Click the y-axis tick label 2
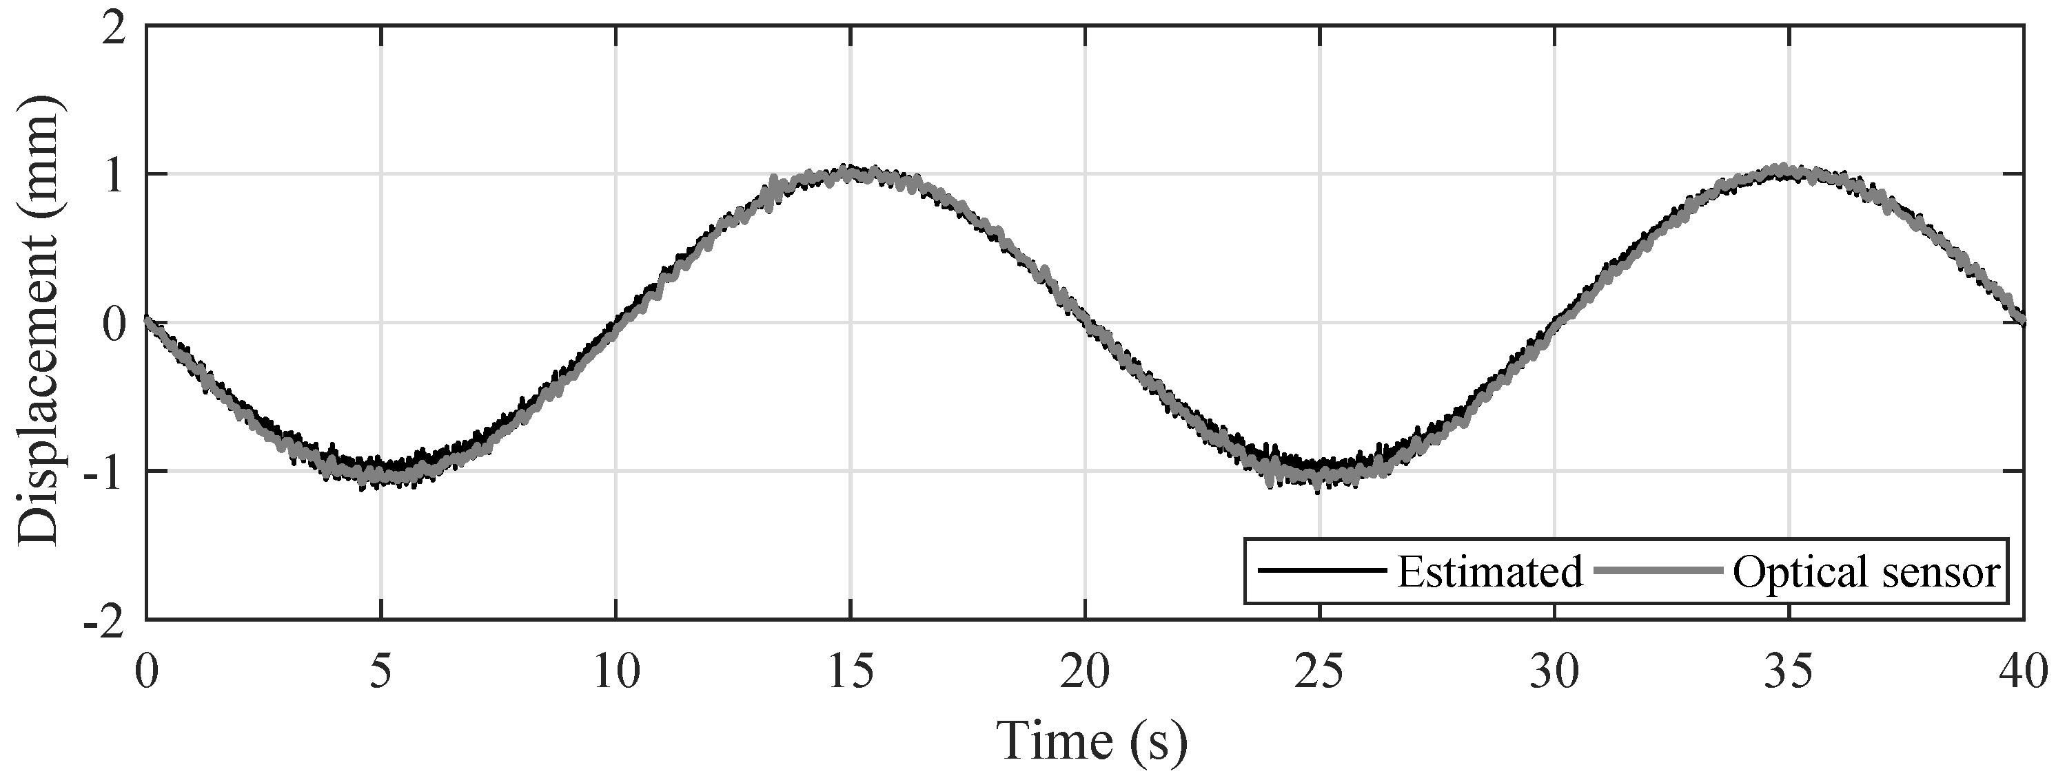pos(116,30)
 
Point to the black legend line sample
pos(1320,569)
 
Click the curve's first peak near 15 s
pos(851,172)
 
